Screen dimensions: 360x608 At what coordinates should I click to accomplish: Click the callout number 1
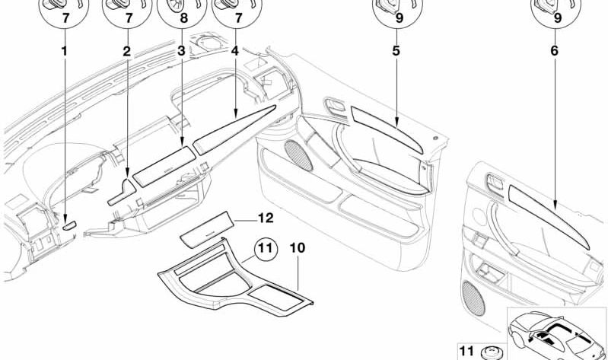(x=64, y=53)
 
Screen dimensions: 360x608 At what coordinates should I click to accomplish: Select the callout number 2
(x=126, y=53)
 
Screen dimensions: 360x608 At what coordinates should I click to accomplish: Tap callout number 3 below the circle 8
(x=181, y=53)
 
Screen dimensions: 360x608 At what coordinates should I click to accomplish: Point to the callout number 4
(x=235, y=53)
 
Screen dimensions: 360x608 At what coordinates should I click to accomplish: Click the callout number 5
(x=396, y=53)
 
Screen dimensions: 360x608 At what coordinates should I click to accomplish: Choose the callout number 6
(x=553, y=53)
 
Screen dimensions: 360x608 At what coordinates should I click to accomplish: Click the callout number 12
(x=264, y=218)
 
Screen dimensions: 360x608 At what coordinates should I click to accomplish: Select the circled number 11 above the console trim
(x=264, y=247)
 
